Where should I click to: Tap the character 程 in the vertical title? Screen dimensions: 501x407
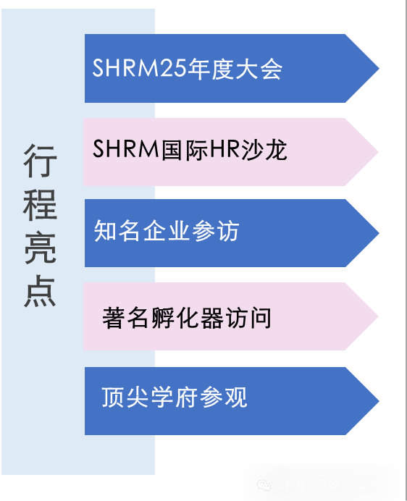click(40, 205)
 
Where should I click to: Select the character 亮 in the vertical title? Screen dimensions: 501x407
click(40, 248)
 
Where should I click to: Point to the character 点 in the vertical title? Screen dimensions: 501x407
click(40, 290)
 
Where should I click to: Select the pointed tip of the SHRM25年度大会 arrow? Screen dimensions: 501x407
click(377, 68)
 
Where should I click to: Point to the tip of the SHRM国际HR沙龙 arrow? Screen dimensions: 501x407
click(377, 152)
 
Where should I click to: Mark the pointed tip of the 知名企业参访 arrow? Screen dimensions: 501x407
click(377, 233)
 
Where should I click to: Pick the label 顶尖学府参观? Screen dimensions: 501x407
click(175, 397)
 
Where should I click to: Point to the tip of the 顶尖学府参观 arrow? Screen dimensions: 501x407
click(377, 400)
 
